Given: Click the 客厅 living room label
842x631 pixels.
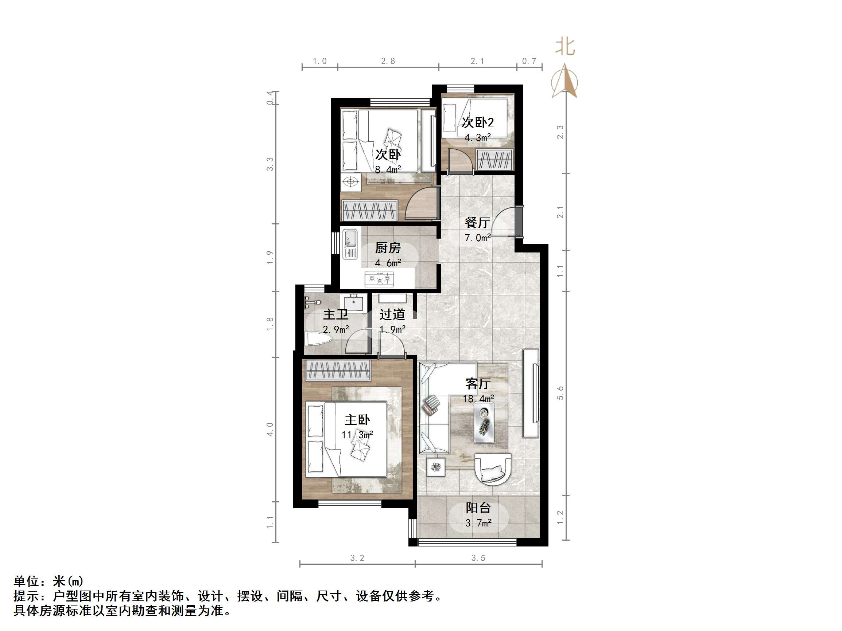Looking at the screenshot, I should point(478,384).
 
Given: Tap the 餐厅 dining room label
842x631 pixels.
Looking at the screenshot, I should point(477,223).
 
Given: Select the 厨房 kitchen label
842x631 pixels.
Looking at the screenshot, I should point(388,248).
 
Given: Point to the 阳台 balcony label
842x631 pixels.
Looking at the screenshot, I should point(478,508).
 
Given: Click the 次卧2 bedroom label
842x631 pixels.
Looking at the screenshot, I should point(478,122).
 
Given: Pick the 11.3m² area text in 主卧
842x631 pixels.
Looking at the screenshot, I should point(357,434).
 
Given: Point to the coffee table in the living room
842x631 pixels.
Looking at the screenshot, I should point(484,423).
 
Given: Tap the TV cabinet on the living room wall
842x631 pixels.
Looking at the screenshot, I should point(531,393).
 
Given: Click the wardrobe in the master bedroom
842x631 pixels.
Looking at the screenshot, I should point(338,370).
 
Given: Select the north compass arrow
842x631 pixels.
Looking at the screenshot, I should point(564,81).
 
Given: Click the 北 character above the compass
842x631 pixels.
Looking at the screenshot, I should point(565,47).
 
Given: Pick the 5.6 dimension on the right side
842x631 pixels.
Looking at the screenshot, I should point(560,393).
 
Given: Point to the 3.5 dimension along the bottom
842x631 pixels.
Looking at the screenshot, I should point(478,558).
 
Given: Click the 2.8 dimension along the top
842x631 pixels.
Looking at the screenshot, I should point(388,61).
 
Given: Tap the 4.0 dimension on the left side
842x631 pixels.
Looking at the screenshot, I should point(269,429).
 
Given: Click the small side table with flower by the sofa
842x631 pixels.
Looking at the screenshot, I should point(435,466).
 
